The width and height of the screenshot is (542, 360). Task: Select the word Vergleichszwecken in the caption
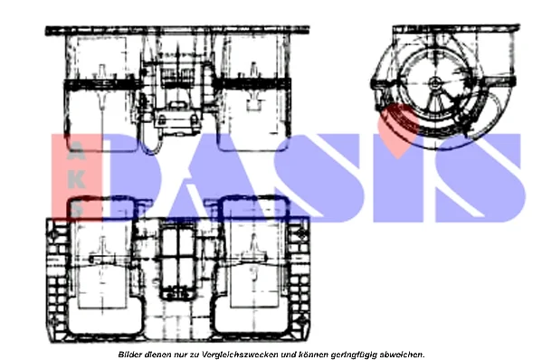coord(240,355)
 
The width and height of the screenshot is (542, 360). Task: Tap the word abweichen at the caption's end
coord(402,355)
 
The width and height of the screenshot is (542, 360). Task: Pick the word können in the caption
coord(314,355)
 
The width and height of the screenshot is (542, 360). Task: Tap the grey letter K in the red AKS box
coord(76,180)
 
